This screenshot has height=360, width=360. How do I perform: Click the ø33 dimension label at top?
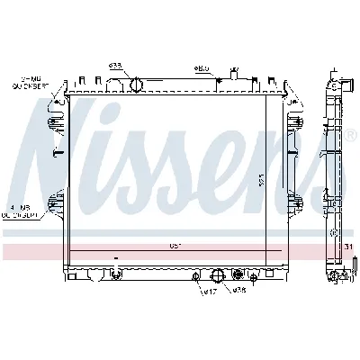click(116, 66)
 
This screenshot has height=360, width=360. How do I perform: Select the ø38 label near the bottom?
click(239, 291)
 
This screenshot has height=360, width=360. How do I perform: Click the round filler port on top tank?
click(137, 85)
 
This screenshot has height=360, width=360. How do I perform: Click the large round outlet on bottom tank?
click(216, 274)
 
